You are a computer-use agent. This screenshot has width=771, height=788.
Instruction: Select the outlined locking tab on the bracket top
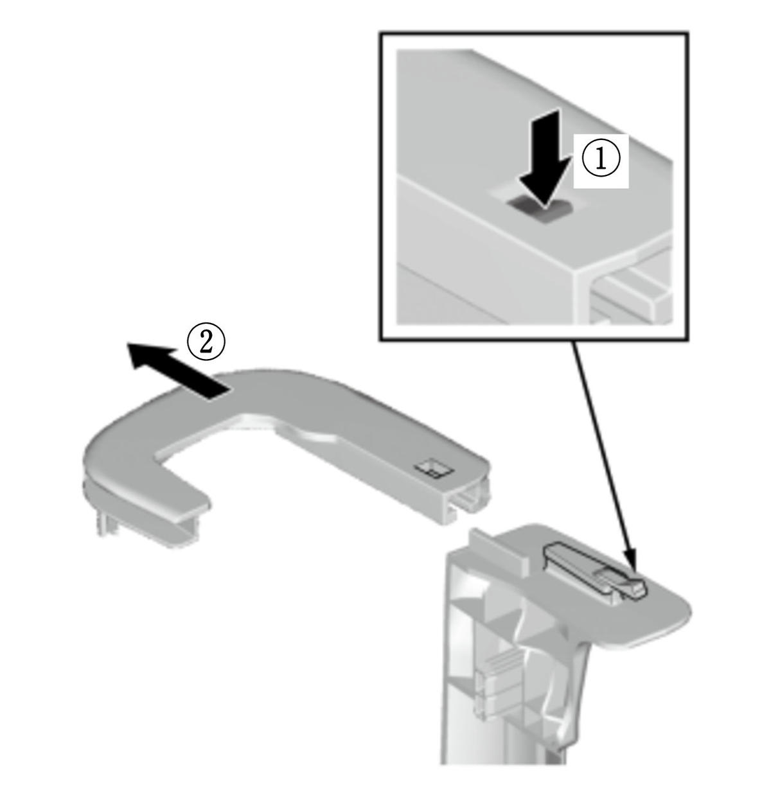pos(594,572)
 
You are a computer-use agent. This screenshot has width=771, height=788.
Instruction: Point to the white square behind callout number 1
pos(601,161)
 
